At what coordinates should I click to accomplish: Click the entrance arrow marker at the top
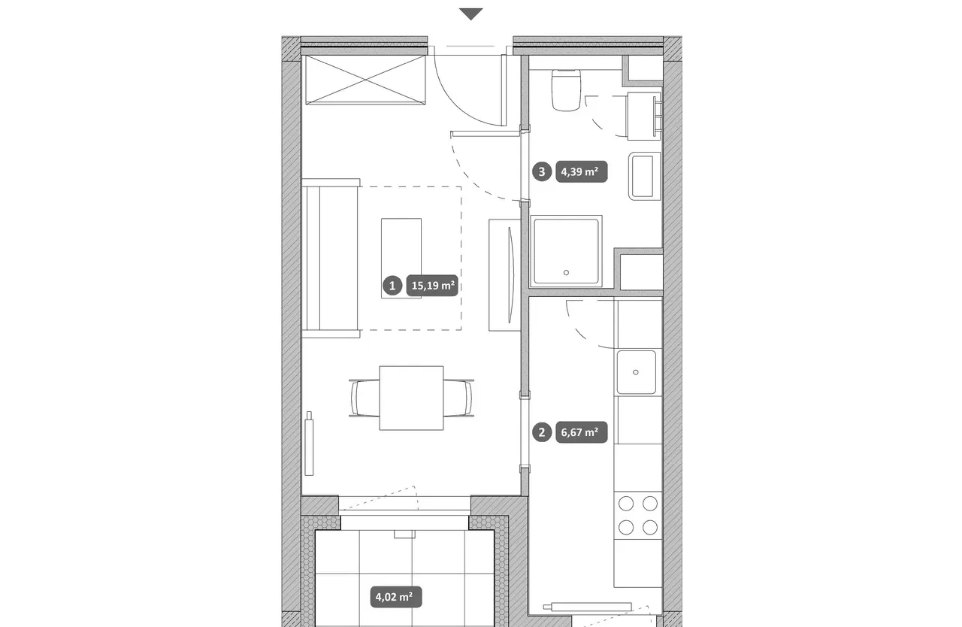(x=471, y=14)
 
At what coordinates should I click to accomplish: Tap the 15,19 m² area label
(x=432, y=286)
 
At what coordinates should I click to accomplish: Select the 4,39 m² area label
(x=582, y=171)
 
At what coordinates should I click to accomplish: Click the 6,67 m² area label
(x=582, y=432)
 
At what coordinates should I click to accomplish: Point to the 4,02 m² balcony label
(x=396, y=597)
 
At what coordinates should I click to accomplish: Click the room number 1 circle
(x=392, y=286)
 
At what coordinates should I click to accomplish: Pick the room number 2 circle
(x=542, y=432)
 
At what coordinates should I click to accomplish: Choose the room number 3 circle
(x=542, y=171)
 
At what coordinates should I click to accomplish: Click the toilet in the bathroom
(x=566, y=89)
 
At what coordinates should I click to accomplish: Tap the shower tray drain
(x=566, y=273)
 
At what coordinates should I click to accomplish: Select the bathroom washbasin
(x=644, y=176)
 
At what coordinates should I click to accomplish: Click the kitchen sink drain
(x=636, y=372)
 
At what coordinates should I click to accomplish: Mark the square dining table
(x=411, y=398)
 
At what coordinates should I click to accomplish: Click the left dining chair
(x=365, y=398)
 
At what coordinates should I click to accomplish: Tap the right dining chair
(x=458, y=398)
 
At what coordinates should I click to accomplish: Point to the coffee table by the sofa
(x=401, y=258)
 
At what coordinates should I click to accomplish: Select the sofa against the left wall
(x=331, y=258)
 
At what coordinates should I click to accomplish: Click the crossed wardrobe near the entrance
(x=365, y=80)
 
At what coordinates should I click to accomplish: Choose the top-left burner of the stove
(x=626, y=503)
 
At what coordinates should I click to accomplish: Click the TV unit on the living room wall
(x=504, y=275)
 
